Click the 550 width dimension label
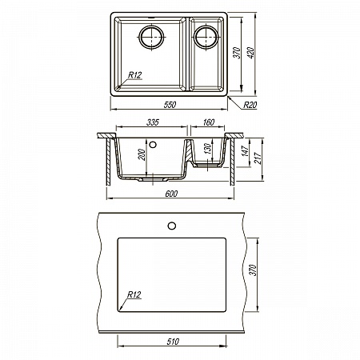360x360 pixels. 170,105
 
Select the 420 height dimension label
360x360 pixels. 250,53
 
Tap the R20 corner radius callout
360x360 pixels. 250,105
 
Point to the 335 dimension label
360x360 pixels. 153,122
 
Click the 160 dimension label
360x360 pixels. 208,122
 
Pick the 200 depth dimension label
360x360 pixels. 142,154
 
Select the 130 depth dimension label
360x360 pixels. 207,148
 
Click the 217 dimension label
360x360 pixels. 258,158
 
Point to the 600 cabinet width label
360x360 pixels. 171,194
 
